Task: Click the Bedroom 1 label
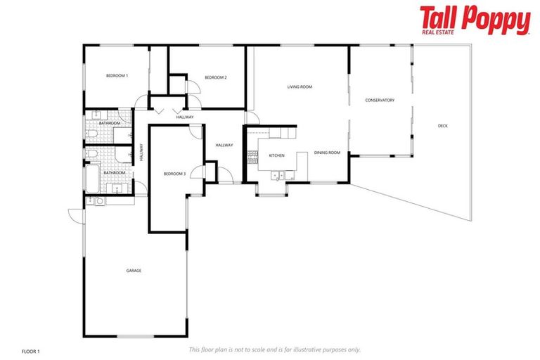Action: (117, 75)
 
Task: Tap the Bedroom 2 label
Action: (215, 77)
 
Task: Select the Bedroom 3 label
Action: (174, 174)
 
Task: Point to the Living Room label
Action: (300, 87)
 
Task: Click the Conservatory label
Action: (380, 101)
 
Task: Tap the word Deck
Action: (442, 126)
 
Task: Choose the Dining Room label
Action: (327, 153)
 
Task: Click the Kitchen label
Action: (276, 155)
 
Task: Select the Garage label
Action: (134, 270)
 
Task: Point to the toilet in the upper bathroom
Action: (91, 133)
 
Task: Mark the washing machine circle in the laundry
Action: (99, 201)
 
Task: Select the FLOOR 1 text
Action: (31, 350)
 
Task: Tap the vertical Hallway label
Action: (141, 153)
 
